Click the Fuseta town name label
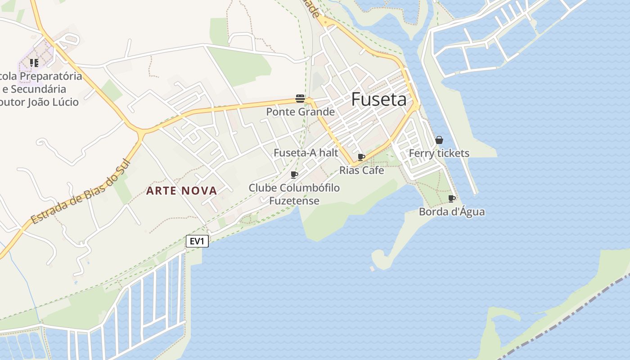tap(378, 99)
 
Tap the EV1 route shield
tap(197, 241)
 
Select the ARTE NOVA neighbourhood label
tap(182, 191)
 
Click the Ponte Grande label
tap(300, 112)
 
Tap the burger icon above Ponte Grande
tap(300, 99)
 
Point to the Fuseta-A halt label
tap(306, 153)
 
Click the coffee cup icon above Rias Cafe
tap(361, 157)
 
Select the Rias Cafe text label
tap(361, 170)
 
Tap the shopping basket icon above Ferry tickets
tap(439, 140)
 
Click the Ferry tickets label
tap(439, 153)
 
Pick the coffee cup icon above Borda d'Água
tap(452, 198)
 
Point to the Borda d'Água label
tap(452, 211)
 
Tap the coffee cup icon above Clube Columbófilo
tap(294, 175)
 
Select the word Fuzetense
tap(294, 201)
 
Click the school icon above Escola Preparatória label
tap(34, 63)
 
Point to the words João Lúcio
tap(53, 102)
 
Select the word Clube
tap(262, 188)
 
